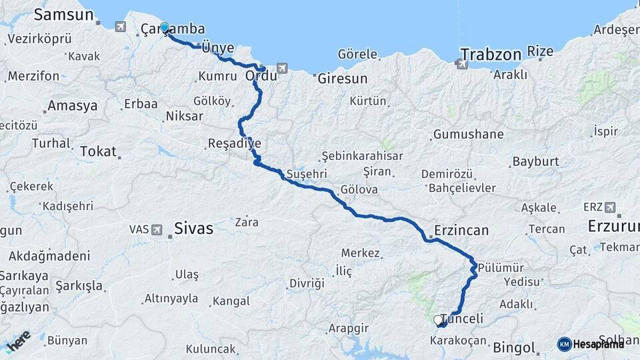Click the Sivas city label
(193, 229)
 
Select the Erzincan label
(461, 231)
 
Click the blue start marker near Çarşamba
(165, 28)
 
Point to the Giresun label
(343, 79)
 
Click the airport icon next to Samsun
(120, 27)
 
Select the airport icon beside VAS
(157, 230)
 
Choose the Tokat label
(98, 151)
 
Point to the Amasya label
(73, 106)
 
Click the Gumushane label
(468, 135)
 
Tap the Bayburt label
(535, 162)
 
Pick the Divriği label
(307, 283)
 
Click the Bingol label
(514, 348)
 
